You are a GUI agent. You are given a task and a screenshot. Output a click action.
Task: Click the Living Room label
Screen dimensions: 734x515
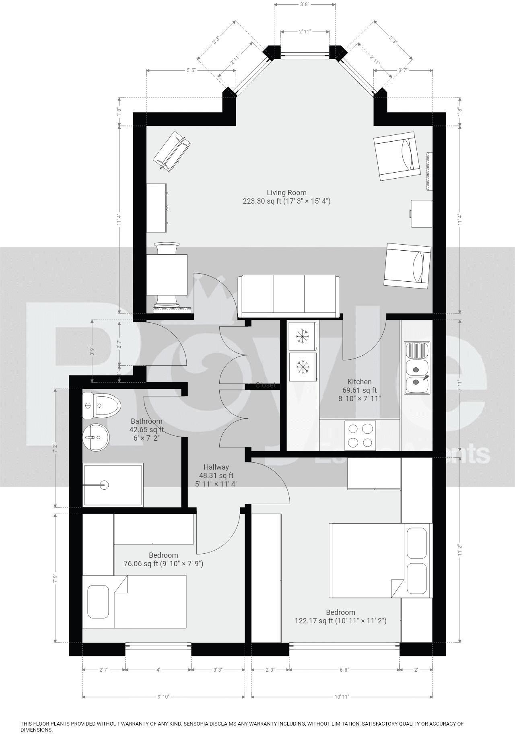click(286, 193)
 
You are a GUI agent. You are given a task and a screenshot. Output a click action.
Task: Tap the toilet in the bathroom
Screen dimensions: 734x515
click(102, 406)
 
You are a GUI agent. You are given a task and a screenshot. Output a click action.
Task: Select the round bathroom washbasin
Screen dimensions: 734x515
click(96, 437)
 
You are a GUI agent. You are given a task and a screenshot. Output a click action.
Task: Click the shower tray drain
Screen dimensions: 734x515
click(105, 485)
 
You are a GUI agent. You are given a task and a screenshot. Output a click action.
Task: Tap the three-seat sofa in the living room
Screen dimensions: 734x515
click(288, 296)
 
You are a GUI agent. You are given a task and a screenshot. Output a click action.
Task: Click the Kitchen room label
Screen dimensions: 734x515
click(359, 381)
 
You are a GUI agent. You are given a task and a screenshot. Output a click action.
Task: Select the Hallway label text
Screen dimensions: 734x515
click(216, 467)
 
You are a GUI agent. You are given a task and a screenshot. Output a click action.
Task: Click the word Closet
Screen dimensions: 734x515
click(265, 385)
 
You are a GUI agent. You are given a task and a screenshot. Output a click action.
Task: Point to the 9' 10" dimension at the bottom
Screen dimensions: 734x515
click(164, 697)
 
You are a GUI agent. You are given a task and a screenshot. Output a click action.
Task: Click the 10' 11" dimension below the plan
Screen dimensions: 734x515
click(342, 697)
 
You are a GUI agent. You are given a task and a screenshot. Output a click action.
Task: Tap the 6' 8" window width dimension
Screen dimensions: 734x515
click(344, 670)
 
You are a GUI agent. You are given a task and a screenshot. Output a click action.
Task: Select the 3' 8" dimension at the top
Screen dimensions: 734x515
click(305, 5)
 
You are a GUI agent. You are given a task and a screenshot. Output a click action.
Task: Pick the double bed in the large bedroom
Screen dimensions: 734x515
click(380, 560)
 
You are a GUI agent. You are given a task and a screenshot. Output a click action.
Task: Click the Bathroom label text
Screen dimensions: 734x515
click(146, 421)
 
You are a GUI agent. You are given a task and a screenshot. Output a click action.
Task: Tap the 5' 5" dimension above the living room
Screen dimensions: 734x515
click(191, 70)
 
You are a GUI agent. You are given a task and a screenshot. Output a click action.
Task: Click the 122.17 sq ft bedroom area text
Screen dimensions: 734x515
click(340, 621)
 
